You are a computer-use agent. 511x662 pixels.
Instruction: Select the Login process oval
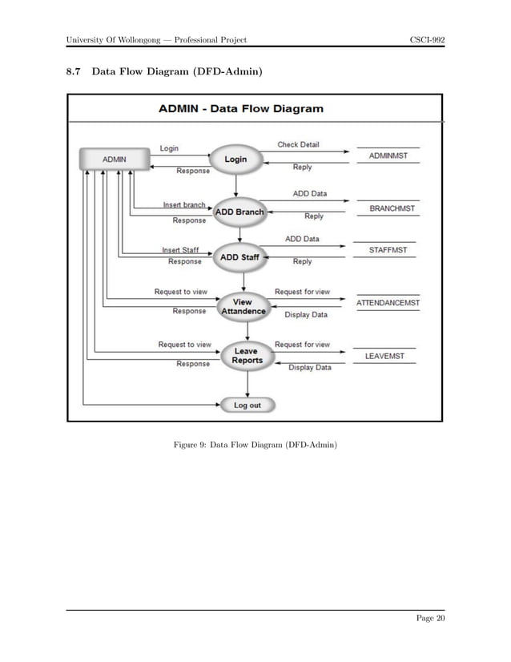(235, 159)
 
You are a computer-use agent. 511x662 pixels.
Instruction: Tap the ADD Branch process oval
(239, 212)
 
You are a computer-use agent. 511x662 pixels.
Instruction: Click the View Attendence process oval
(243, 307)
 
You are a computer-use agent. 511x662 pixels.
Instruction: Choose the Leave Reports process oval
(247, 356)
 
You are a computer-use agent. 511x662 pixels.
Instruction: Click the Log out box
(247, 406)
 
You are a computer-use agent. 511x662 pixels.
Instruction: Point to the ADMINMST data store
(388, 156)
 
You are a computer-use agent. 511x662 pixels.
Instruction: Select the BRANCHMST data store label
(392, 208)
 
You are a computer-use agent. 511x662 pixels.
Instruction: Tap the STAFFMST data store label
(388, 250)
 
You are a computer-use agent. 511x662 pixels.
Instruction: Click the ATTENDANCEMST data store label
(388, 303)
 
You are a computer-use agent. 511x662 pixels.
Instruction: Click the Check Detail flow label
(298, 145)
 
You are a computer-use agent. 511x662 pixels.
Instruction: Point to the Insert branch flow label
(184, 205)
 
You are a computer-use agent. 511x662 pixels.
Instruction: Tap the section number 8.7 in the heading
(74, 71)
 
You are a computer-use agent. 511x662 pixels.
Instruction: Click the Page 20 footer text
(429, 617)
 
